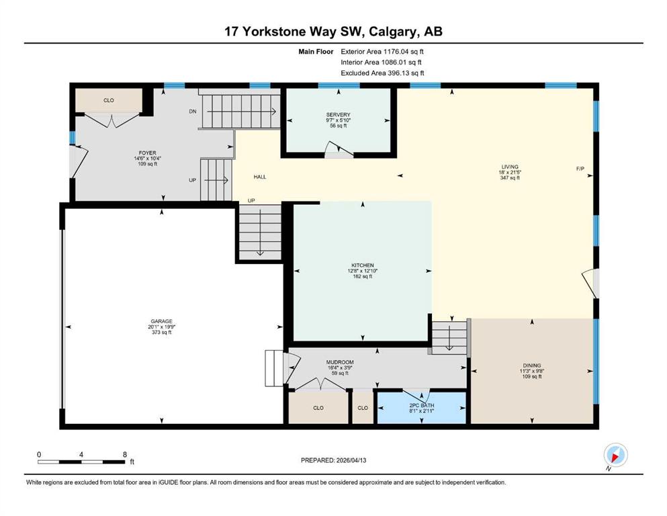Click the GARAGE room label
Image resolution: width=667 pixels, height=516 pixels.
click(x=161, y=321)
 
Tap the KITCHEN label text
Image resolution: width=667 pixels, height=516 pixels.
click(x=363, y=265)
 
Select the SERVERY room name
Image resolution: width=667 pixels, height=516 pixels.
click(x=338, y=114)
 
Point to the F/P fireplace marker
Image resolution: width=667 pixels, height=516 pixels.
click(x=580, y=169)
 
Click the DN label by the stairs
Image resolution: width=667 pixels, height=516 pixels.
click(x=193, y=112)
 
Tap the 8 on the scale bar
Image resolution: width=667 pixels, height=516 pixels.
click(x=125, y=454)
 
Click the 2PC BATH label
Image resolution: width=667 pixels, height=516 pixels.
click(x=422, y=405)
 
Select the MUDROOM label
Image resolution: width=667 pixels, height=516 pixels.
click(x=340, y=362)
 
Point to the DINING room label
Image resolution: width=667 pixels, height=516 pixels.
click(x=532, y=365)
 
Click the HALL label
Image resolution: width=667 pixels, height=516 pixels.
click(x=260, y=177)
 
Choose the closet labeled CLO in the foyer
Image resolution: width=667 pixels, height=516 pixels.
click(x=109, y=100)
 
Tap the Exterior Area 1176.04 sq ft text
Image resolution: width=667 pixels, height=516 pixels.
click(x=382, y=52)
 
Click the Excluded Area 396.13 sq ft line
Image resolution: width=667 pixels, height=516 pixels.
click(x=382, y=73)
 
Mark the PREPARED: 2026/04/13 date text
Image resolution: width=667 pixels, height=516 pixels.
click(x=333, y=460)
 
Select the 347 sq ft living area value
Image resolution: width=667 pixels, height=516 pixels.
click(x=510, y=178)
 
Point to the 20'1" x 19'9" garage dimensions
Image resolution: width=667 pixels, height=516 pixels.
click(x=162, y=327)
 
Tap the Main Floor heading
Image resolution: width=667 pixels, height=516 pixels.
click(x=316, y=52)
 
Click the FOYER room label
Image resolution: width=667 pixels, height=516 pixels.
click(x=147, y=153)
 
